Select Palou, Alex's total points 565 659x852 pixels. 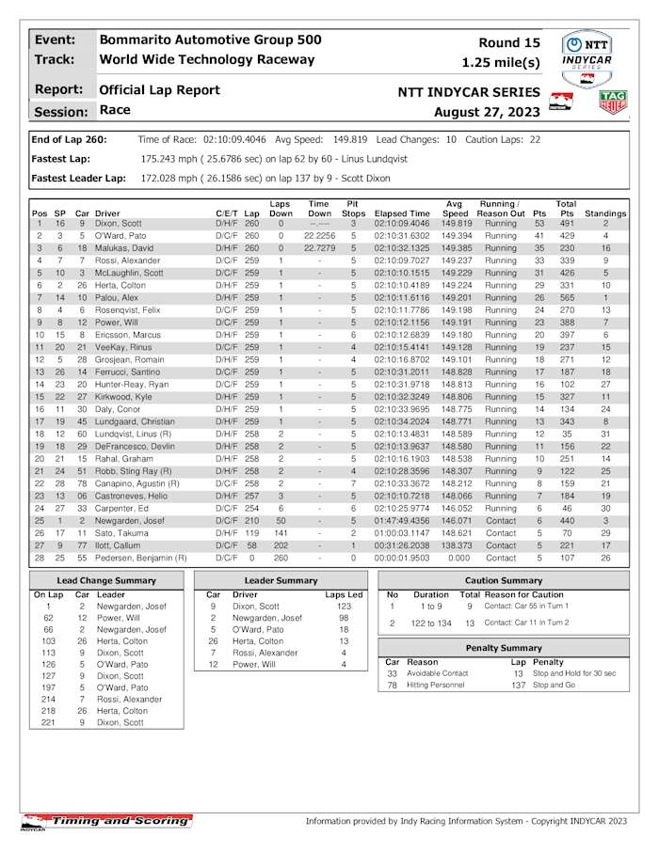(x=566, y=297)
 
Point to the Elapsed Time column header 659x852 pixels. (x=402, y=213)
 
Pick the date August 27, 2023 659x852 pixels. (x=487, y=112)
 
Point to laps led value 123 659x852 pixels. (x=349, y=607)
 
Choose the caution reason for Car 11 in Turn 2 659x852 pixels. (x=527, y=623)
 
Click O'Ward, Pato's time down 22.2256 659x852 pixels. (x=319, y=236)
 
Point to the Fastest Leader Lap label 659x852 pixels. (x=79, y=177)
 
